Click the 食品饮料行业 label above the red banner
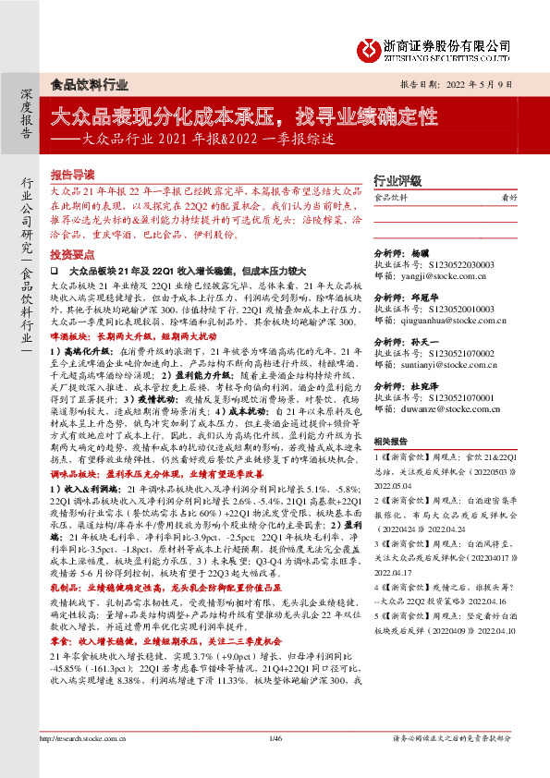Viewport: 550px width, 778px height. click(89, 84)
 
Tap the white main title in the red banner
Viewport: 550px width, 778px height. click(243, 117)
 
